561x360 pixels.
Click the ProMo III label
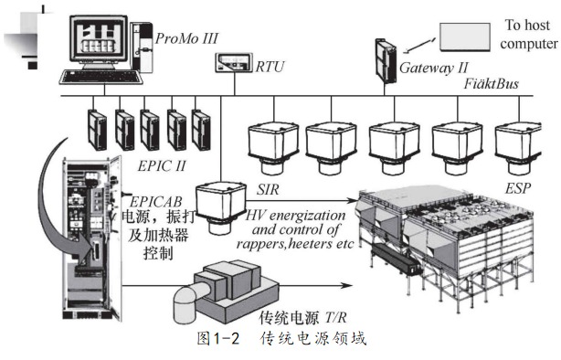pos(186,38)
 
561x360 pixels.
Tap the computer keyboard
pos(101,77)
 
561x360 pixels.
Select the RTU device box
pos(234,63)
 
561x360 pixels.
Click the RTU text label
pos(270,67)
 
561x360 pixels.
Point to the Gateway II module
pos(386,61)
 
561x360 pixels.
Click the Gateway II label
pos(434,68)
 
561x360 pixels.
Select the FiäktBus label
pos(492,84)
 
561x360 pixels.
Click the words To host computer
pos(528,35)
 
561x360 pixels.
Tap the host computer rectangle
pos(465,37)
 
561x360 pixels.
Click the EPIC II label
pos(162,166)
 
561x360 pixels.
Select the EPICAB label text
pos(155,202)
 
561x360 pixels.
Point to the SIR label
pos(268,189)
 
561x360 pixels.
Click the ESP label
pos(518,188)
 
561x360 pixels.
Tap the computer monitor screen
pos(99,39)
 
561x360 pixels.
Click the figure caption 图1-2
pos(217,338)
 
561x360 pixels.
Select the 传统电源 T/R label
pos(302,317)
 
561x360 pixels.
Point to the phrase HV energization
pos(295,216)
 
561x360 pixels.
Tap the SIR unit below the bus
pos(221,207)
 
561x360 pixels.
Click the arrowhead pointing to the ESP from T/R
pos(346,285)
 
